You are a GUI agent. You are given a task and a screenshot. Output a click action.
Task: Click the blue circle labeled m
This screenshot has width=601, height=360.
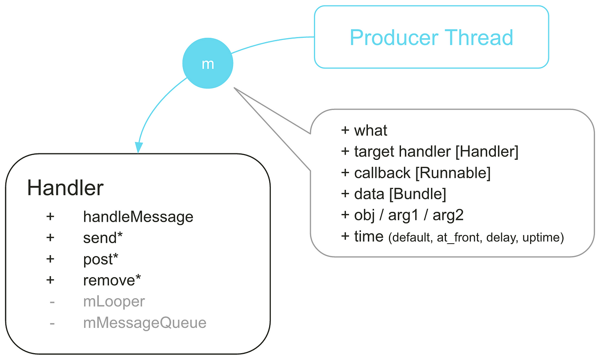coord(208,63)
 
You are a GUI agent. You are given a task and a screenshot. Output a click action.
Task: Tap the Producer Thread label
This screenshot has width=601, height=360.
coord(431,37)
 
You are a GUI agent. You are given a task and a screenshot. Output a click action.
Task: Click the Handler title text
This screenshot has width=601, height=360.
coord(65,187)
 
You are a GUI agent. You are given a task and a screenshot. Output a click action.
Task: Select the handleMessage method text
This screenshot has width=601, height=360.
coord(138,217)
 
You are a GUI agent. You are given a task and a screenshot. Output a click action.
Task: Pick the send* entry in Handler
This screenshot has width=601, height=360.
coord(103,238)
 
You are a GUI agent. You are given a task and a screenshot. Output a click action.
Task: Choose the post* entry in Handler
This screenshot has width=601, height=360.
coord(100,259)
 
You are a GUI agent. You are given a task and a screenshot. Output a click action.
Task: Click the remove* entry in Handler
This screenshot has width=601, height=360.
coord(112,280)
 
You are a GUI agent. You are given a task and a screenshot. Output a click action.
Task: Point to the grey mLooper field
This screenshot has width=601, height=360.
coord(114,302)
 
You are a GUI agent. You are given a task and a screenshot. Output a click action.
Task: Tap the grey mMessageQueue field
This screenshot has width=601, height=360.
coord(145,323)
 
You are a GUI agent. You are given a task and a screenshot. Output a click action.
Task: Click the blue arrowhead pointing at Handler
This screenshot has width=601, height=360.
coord(139,147)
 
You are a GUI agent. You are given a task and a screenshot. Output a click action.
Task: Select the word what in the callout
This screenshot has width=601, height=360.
coord(370,131)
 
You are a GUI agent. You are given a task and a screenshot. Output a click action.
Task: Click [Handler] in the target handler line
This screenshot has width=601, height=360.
coord(487,152)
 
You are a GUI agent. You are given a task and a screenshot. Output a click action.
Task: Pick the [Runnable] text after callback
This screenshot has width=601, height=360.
coord(453,173)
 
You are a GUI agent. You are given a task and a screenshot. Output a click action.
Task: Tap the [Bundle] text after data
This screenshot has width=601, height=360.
coord(417,194)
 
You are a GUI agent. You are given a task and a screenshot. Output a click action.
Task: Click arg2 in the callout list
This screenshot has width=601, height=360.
coord(448,215)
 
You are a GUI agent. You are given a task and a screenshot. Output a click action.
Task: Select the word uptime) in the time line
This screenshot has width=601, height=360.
coord(543,238)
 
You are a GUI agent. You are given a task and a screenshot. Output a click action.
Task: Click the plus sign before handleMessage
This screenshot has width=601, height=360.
coord(50,217)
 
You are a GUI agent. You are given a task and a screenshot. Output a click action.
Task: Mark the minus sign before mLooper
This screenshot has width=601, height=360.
coord(52,302)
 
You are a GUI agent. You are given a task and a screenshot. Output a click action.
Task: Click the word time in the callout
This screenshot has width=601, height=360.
coord(369,237)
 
